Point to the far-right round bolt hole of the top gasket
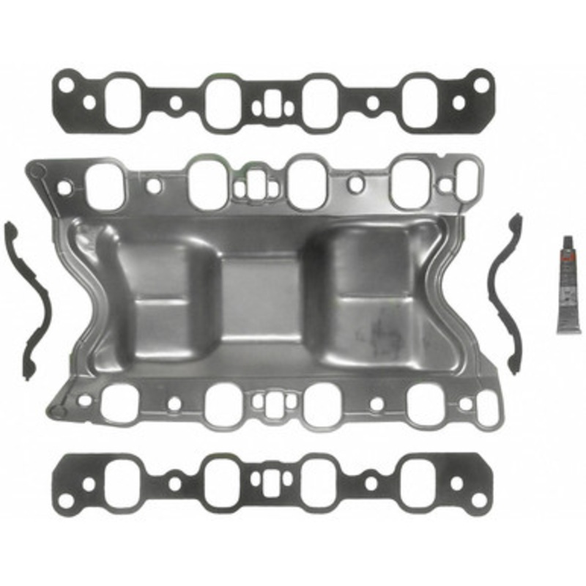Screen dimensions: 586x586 pos(481,85)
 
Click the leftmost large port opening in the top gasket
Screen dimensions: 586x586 pos(121,101)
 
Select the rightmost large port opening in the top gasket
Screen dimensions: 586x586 pos(420,101)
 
